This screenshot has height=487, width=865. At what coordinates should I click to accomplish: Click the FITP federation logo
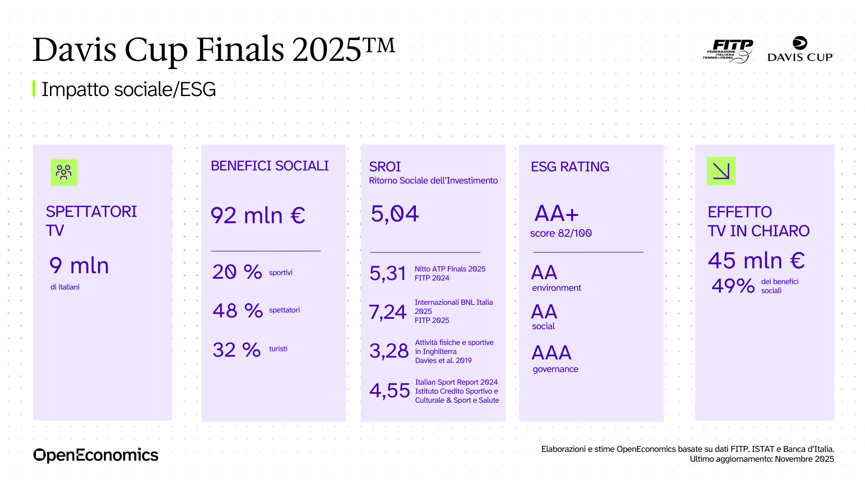click(x=728, y=51)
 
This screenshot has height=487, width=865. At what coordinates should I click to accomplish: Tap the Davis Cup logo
click(x=800, y=49)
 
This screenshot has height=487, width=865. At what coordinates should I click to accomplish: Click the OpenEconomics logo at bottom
click(x=96, y=455)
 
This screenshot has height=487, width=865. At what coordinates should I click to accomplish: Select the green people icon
click(x=64, y=172)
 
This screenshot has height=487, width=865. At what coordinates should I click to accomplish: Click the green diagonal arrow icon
click(x=721, y=171)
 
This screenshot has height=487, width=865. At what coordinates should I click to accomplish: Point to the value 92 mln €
click(x=258, y=216)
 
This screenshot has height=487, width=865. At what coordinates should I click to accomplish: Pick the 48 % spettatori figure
click(x=237, y=311)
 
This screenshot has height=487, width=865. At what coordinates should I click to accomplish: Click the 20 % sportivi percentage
click(x=237, y=272)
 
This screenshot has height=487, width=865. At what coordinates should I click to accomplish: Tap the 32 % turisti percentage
click(x=237, y=350)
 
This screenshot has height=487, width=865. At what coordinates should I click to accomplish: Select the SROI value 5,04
click(x=395, y=214)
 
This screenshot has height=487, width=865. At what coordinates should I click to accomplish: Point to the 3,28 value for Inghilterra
click(x=389, y=351)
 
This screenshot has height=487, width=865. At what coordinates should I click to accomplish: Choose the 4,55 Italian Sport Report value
click(x=389, y=391)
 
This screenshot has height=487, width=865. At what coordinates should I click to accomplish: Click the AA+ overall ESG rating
click(x=556, y=213)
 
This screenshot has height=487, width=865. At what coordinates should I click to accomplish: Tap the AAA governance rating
click(x=551, y=353)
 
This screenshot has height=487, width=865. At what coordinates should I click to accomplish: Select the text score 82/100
click(x=560, y=233)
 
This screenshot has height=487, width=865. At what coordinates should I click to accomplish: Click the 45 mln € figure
click(x=756, y=261)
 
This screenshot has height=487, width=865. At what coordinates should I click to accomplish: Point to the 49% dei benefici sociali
click(x=733, y=286)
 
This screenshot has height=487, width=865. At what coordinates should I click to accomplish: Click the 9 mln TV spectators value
click(x=79, y=266)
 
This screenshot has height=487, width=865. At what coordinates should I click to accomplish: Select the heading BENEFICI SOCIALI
click(x=269, y=166)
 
